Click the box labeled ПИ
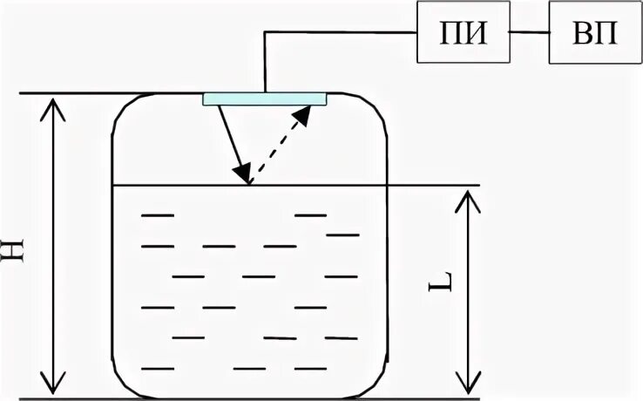point(463,33)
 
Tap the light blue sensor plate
point(264,98)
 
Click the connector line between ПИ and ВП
point(529,33)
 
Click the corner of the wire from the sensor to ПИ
point(264,33)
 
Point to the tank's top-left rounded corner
point(122,108)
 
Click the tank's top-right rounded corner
point(377,108)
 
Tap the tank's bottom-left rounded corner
point(122,384)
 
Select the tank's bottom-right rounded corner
point(377,384)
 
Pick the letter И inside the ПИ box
point(475,33)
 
